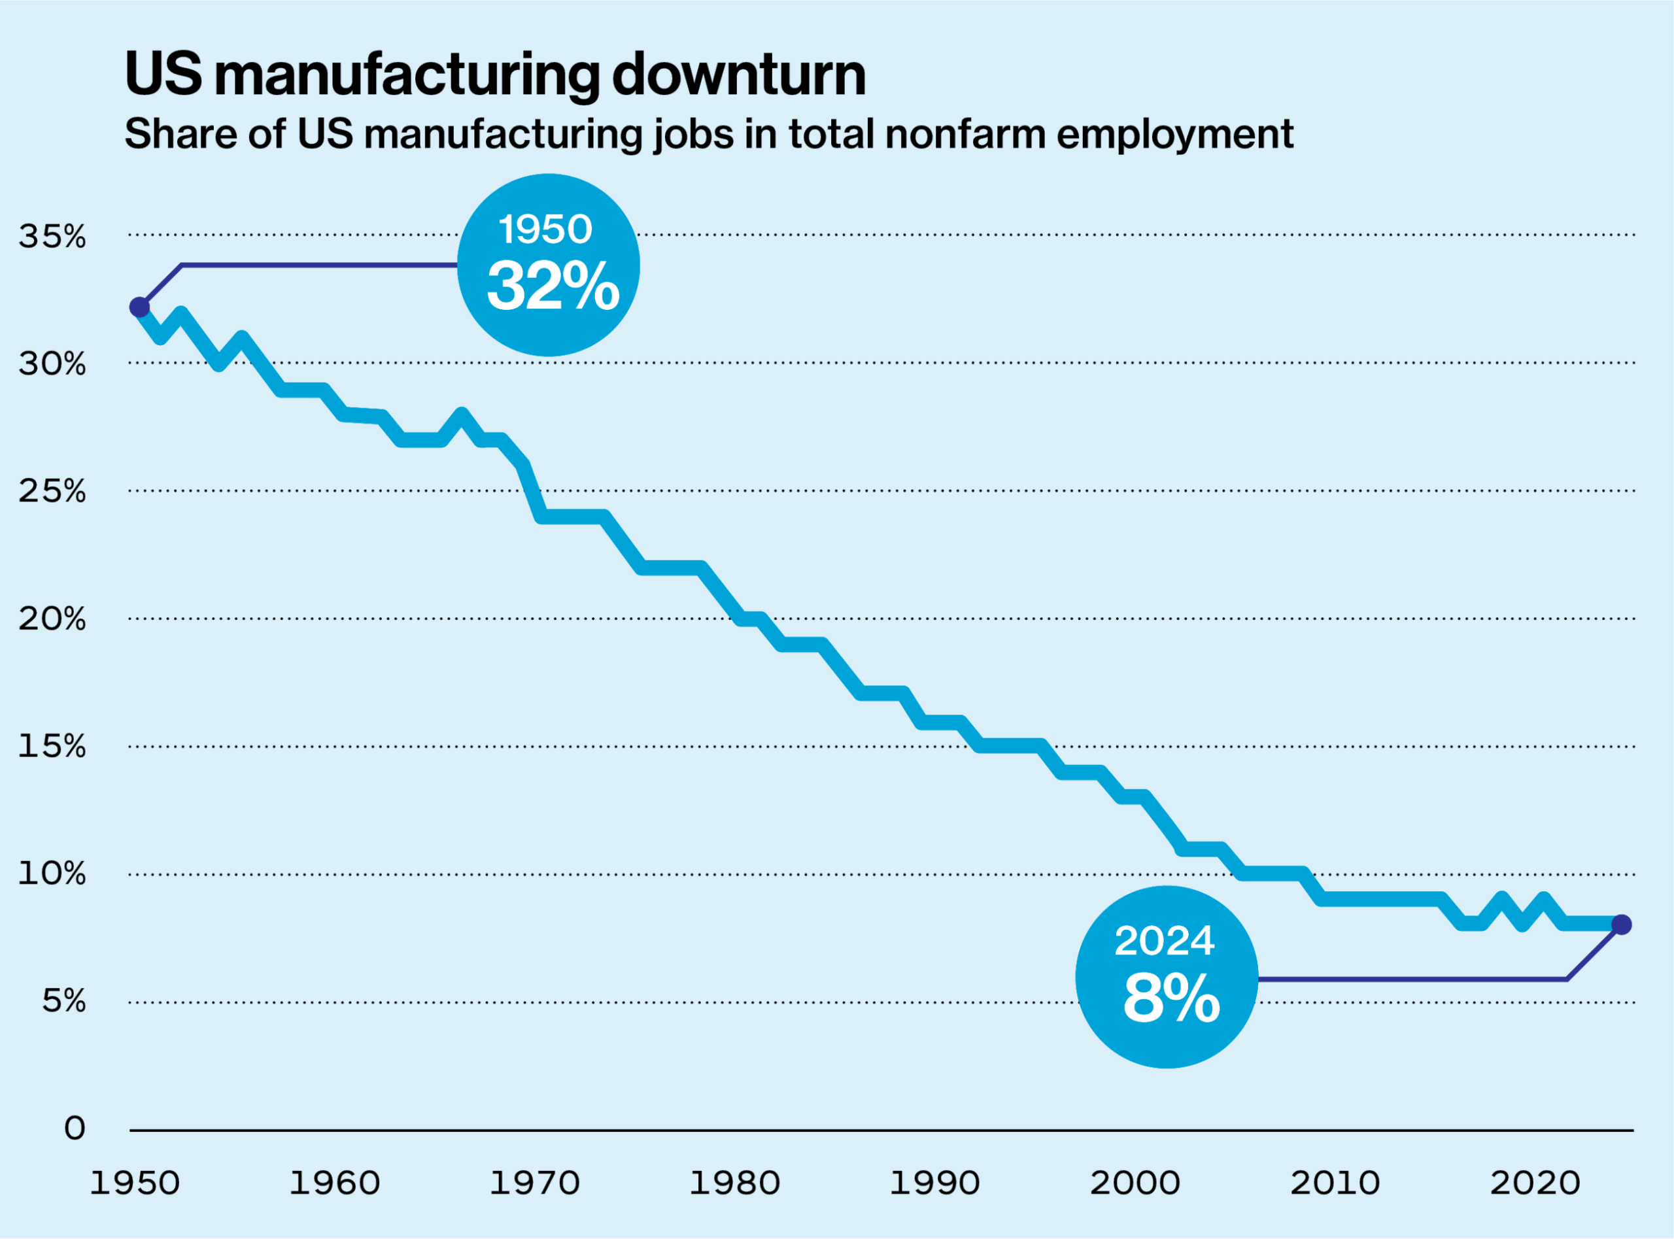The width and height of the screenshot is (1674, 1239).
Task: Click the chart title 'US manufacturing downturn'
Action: click(495, 75)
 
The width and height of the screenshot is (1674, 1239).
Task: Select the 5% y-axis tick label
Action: click(63, 1001)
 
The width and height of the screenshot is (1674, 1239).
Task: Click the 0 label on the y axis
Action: click(75, 1128)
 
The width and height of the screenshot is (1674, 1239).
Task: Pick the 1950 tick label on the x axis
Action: click(135, 1183)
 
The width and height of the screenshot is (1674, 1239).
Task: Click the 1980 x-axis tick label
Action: click(735, 1183)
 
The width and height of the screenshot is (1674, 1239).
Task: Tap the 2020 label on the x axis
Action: click(1535, 1183)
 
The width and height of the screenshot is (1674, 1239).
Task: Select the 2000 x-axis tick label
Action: click(1135, 1183)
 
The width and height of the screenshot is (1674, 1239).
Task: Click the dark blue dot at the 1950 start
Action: click(139, 307)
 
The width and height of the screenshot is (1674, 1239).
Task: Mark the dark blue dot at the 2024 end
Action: click(1622, 925)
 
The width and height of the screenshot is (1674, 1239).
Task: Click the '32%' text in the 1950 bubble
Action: click(553, 286)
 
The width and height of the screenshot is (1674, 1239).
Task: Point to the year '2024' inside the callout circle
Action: click(1164, 942)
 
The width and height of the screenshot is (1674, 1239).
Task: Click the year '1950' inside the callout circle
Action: click(545, 229)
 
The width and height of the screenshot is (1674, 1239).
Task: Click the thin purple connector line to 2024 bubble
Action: click(1410, 979)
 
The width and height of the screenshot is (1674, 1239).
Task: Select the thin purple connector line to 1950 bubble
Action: click(315, 265)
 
